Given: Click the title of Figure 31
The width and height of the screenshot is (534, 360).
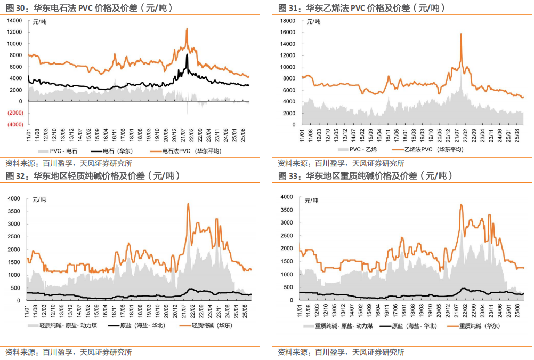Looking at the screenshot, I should [362, 8].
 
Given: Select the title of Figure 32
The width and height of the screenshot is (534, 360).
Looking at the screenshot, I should [90, 175].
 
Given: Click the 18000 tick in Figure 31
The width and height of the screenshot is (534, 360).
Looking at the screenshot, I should [288, 21].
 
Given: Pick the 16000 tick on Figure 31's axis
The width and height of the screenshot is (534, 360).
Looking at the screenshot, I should [288, 33].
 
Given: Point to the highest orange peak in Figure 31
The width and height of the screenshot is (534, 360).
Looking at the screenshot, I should [460, 34].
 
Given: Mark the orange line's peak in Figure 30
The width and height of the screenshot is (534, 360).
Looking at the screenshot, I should [187, 29].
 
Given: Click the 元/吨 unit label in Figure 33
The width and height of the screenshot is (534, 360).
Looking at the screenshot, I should [312, 201].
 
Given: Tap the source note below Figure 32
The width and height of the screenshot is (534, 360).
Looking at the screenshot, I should [69, 352].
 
